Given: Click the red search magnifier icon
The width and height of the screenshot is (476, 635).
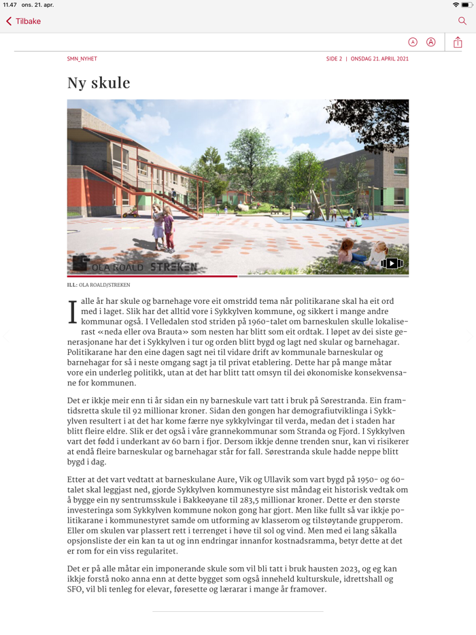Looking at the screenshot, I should tap(462, 21).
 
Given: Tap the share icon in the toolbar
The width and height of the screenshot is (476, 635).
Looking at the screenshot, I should tap(458, 42).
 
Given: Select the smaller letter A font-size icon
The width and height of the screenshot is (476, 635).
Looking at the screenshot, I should tap(413, 42).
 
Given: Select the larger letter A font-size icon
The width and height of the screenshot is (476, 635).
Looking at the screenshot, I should tap(431, 42).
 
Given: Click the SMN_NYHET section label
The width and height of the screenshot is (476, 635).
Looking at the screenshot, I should tap(82, 59).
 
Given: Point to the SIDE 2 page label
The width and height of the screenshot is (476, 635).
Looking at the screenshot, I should tap(334, 59).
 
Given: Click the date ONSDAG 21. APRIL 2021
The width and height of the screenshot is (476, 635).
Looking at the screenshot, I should tap(379, 59).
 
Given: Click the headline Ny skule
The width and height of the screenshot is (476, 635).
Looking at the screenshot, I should tap(99, 83).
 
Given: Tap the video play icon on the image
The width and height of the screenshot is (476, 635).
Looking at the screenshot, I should tap(392, 263).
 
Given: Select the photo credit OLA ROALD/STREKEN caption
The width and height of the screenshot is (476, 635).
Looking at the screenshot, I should tap(99, 285).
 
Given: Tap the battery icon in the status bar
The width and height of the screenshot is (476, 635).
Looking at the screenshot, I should tap(466, 5).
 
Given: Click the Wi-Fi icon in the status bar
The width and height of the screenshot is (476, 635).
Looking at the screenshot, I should tap(455, 5).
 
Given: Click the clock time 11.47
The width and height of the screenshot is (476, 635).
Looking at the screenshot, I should tap(10, 5).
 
